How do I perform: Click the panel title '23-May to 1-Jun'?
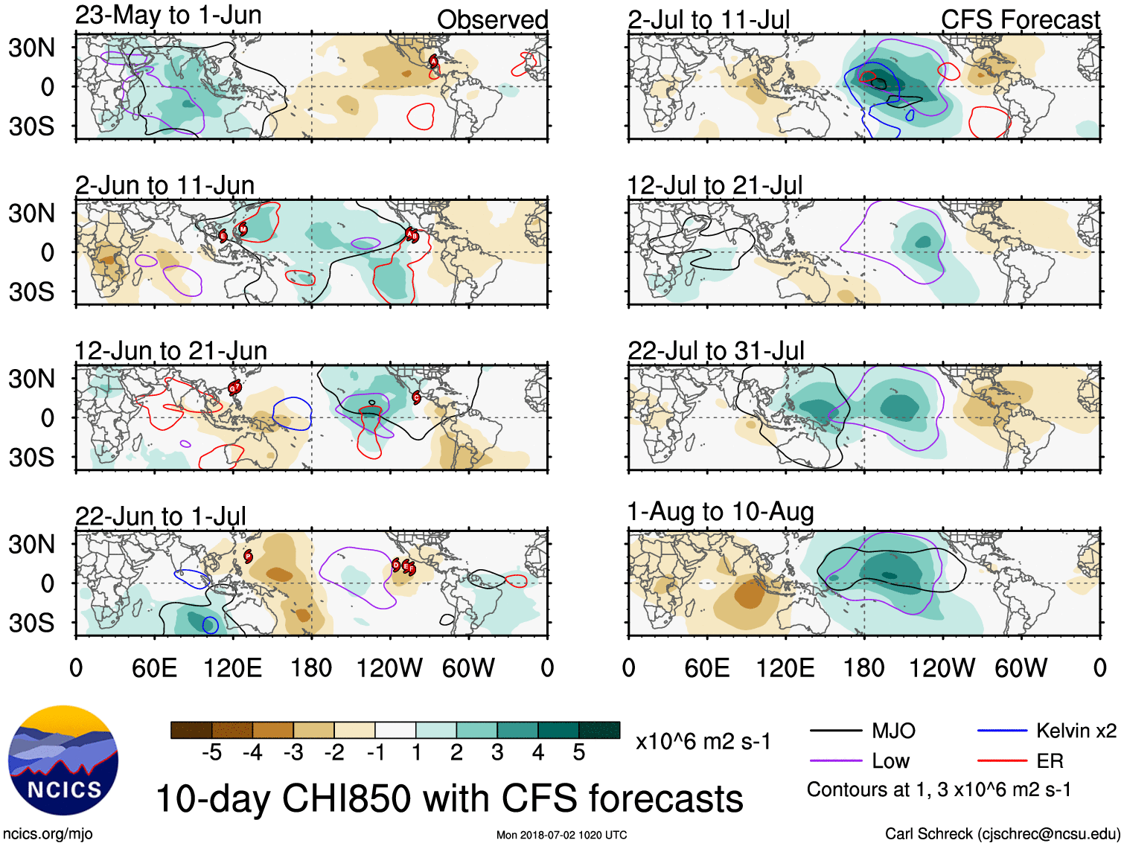(168, 16)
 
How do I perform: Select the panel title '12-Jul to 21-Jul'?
(715, 185)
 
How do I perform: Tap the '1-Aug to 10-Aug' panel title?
(720, 512)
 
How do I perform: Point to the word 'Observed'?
(492, 20)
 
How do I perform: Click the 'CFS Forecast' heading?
(1020, 20)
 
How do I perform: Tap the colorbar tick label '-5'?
(211, 753)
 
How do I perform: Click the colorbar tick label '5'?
(579, 753)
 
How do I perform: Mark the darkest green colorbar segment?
(599, 730)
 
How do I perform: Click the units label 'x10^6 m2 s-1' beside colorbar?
(703, 742)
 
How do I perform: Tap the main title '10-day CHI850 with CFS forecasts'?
(449, 798)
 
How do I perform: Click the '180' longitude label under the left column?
(311, 668)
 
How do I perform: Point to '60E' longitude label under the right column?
(706, 668)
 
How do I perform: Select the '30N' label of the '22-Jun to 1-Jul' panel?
(31, 545)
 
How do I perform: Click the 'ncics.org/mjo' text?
(47, 834)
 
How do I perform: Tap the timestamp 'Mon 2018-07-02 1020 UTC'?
(561, 835)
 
